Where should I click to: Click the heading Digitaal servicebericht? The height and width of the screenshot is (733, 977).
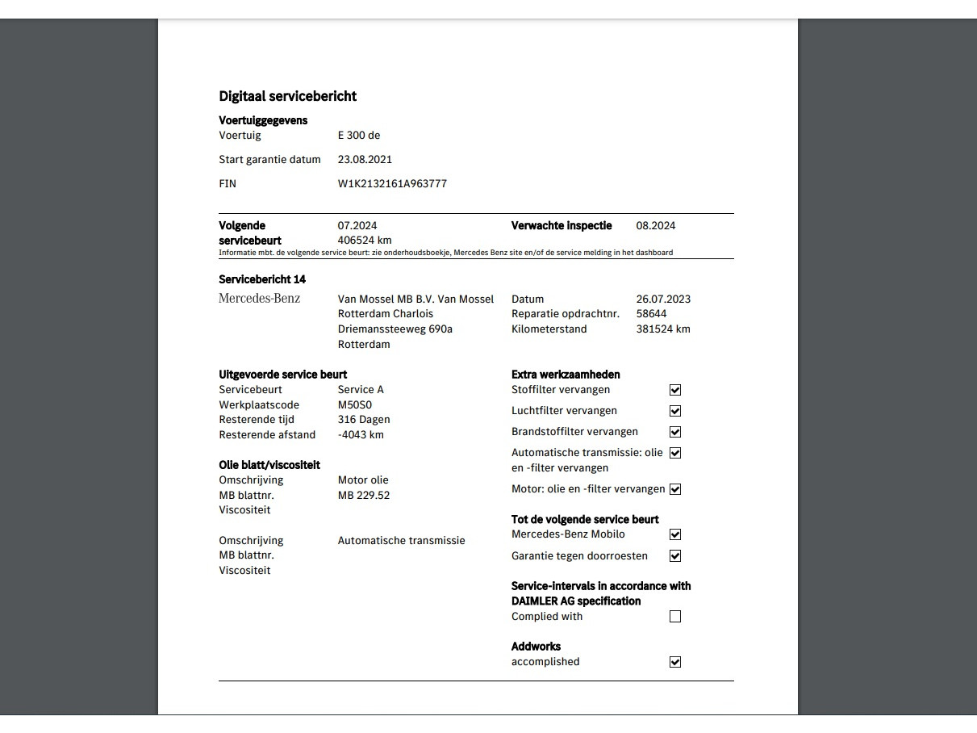[x=287, y=96]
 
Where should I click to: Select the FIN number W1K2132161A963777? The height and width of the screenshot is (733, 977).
[x=392, y=183]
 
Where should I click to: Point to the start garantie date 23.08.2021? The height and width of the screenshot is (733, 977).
[x=365, y=159]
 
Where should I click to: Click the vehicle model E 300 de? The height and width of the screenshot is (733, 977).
[x=359, y=135]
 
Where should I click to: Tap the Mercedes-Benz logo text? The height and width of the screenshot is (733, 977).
[x=260, y=299]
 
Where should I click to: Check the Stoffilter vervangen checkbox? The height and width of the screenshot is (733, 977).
[x=675, y=390]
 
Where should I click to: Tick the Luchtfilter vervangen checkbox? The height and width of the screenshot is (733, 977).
[x=675, y=411]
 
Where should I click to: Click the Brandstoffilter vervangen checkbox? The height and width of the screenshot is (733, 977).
[x=675, y=432]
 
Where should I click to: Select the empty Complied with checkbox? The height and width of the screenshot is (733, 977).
[x=675, y=617]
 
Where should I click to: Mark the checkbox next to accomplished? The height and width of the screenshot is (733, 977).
[x=675, y=662]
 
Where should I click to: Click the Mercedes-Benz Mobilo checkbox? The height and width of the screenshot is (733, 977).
[x=675, y=534]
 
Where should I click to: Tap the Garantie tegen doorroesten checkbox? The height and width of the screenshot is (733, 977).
[x=675, y=555]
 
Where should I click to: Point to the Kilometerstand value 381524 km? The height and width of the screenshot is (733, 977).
[x=663, y=329]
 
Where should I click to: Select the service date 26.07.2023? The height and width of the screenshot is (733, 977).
[x=663, y=299]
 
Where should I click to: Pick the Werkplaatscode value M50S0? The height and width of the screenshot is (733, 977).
[x=355, y=404]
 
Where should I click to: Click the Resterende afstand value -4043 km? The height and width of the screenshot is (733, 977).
[x=361, y=434]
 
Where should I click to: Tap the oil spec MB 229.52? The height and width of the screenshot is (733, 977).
[x=364, y=495]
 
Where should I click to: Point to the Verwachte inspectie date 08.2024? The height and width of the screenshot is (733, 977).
[x=656, y=225]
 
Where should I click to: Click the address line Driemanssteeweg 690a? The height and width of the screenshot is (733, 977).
[x=395, y=329]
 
